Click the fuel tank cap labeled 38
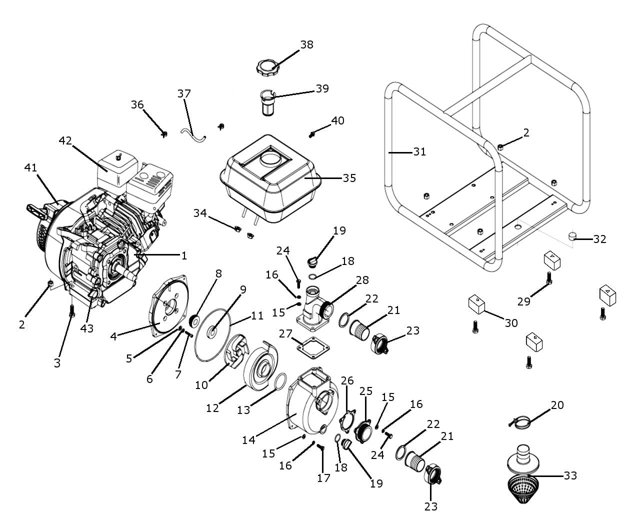pyautogui.click(x=267, y=67)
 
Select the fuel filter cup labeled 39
pyautogui.click(x=268, y=102)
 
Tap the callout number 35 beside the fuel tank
pyautogui.click(x=349, y=178)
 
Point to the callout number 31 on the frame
pyautogui.click(x=419, y=151)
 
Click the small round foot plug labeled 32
pyautogui.click(x=572, y=236)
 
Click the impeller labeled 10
pyautogui.click(x=236, y=351)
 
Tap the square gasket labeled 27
pyautogui.click(x=312, y=347)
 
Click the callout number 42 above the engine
pyautogui.click(x=65, y=140)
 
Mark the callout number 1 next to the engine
pyautogui.click(x=184, y=256)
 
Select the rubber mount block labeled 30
pyautogui.click(x=476, y=304)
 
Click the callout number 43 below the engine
pyautogui.click(x=87, y=328)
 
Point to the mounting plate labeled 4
pyautogui.click(x=169, y=305)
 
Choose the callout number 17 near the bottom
pyautogui.click(x=323, y=477)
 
